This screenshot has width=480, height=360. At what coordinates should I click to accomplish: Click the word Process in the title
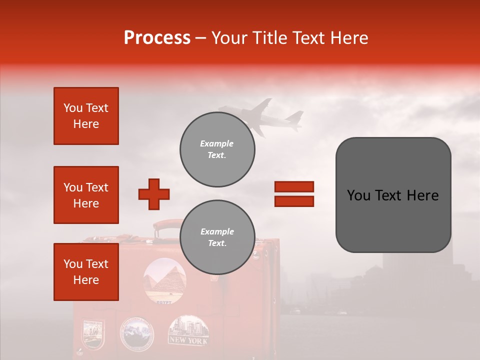157,37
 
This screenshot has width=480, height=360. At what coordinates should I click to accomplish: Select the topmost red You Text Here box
86,116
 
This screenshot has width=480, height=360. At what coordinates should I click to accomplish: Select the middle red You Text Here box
86,195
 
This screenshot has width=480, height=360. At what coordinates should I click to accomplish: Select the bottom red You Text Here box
86,271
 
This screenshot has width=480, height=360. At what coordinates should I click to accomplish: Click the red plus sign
154,194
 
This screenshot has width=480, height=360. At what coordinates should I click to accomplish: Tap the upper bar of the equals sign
294,186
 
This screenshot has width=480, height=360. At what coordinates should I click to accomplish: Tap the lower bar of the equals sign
294,201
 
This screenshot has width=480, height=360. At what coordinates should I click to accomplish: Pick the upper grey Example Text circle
217,149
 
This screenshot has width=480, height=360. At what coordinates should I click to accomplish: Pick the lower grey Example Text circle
217,237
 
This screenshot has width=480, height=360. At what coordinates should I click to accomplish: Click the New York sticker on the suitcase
189,330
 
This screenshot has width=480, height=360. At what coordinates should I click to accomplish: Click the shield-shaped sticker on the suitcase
93,333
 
